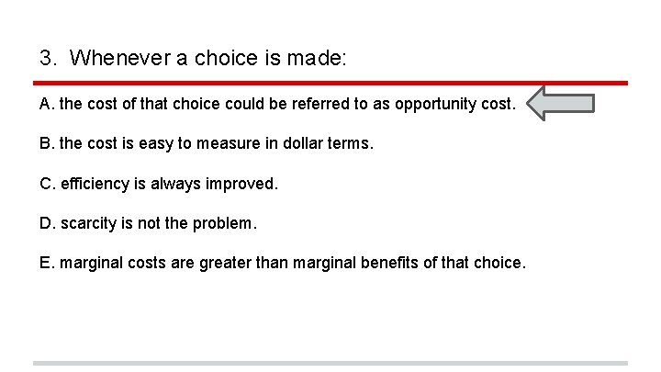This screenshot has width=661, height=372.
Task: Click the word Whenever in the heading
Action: (118, 59)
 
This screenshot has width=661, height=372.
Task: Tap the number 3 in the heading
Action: (45, 59)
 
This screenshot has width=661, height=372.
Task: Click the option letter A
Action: (46, 105)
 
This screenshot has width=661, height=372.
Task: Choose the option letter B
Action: (46, 144)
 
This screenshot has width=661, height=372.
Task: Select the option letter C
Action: (46, 184)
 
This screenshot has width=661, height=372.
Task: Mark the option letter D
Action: (46, 223)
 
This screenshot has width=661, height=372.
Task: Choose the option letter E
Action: (46, 263)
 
